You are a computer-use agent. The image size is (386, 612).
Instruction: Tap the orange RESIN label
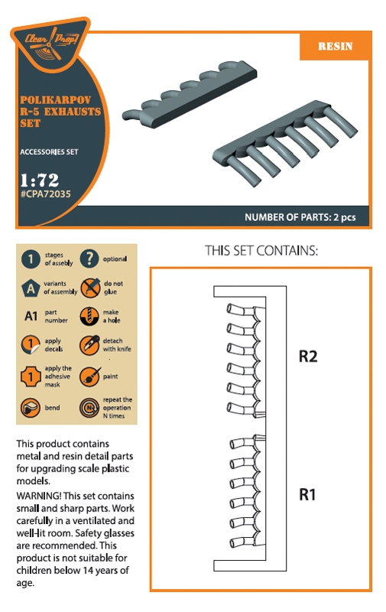point(335,46)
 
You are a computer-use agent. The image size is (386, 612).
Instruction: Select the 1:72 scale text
point(40,180)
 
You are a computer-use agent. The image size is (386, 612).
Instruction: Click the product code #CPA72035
point(46,194)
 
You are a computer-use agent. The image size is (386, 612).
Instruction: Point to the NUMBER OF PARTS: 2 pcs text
point(300,217)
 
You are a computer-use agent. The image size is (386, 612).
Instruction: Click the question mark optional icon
point(89,259)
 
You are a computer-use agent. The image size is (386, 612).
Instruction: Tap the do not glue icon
point(90,288)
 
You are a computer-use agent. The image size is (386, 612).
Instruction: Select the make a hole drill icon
point(89,316)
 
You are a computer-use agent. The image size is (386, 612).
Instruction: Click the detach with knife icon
point(89,345)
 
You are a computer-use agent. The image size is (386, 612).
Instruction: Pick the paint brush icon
point(90,376)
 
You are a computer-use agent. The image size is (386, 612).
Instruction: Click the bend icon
point(31,408)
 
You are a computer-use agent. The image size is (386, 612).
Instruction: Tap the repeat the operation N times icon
point(89,408)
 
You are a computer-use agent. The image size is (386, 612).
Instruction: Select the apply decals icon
point(31,345)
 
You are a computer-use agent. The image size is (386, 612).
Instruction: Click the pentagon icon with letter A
point(31,288)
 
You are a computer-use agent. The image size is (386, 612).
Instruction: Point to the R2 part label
point(308,356)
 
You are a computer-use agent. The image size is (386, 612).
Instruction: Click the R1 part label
point(307,494)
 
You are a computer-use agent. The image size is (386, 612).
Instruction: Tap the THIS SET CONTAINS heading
point(261,251)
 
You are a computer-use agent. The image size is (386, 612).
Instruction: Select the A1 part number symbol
point(31,316)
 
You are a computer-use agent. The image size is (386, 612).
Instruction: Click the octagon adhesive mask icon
point(31,376)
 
